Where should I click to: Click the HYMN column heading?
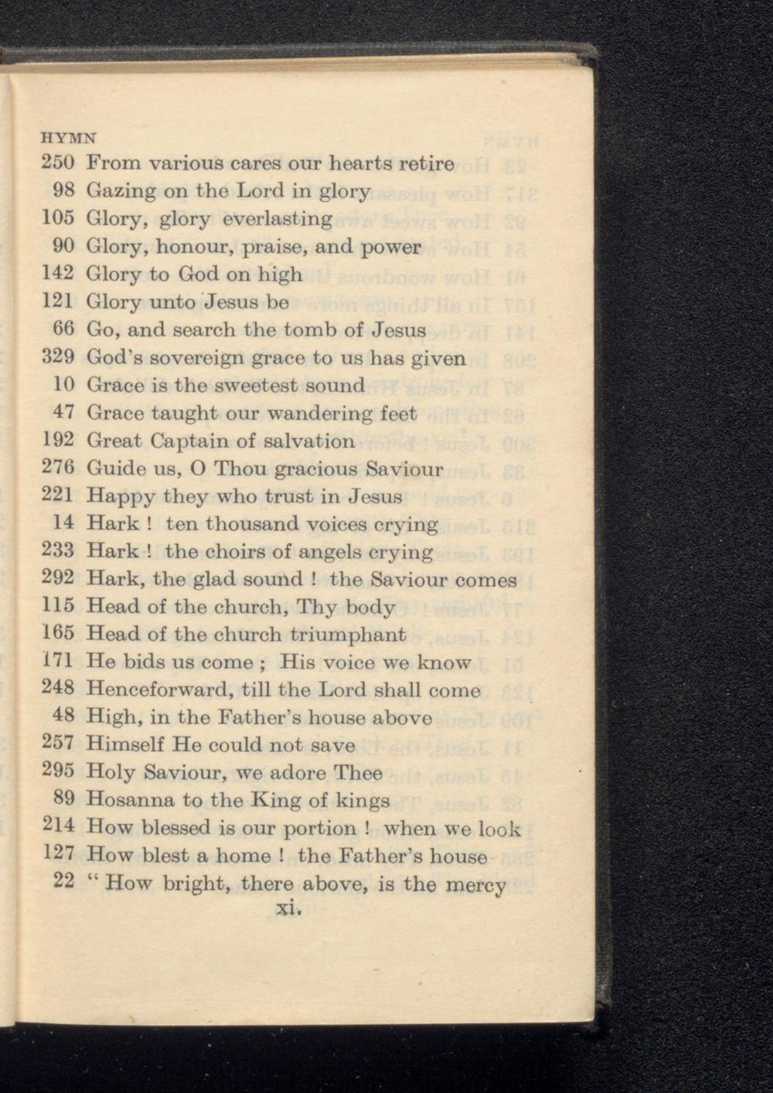[x=69, y=139]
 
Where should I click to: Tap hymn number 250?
[x=57, y=164]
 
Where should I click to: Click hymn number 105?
[x=57, y=219]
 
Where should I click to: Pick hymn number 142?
[x=57, y=274]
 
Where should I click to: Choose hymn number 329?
[x=57, y=358]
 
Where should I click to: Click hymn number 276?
[x=57, y=468]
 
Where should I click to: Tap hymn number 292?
[x=57, y=579]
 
